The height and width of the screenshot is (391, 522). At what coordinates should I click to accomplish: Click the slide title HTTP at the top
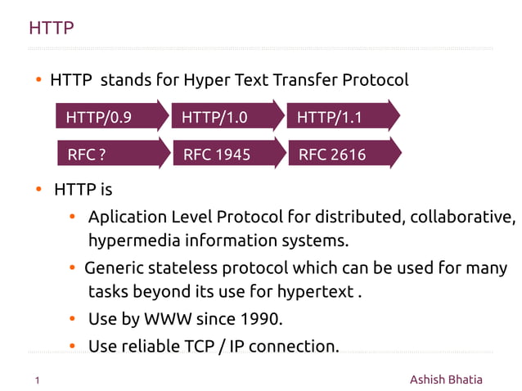(52, 29)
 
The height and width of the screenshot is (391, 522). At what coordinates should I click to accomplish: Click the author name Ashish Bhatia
(446, 380)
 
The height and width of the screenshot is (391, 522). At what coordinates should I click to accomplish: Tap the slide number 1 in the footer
(38, 380)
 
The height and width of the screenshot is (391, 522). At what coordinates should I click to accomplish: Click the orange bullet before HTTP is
(38, 190)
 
